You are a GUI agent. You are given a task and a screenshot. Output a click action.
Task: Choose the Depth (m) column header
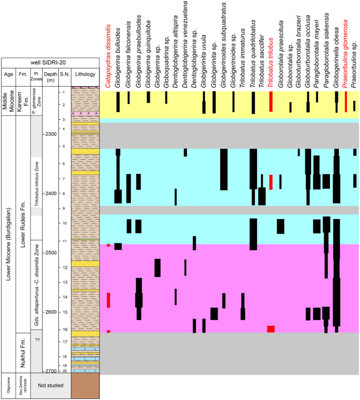(x=50, y=75)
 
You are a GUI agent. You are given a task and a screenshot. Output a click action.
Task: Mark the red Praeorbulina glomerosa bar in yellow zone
(x=346, y=101)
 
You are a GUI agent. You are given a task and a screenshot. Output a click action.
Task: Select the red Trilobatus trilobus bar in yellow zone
(x=271, y=101)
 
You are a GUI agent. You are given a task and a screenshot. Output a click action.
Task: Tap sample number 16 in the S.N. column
(x=64, y=330)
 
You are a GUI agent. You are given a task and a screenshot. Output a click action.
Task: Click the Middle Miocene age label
(x=8, y=101)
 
